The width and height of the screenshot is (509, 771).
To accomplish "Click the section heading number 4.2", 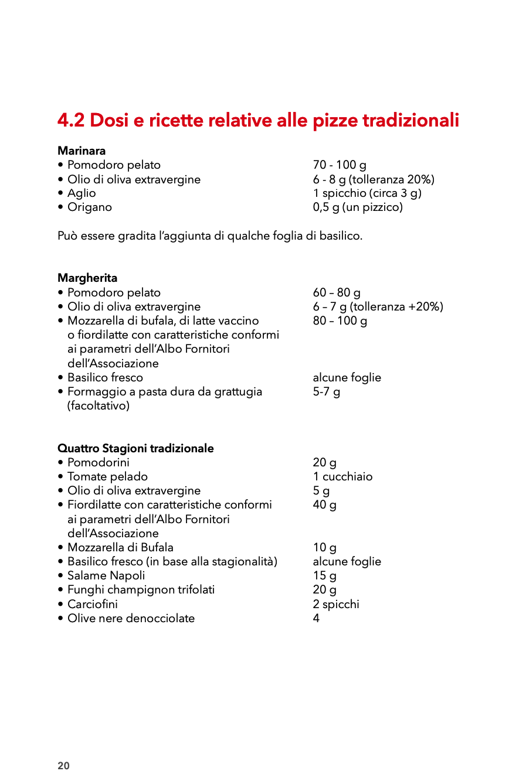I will click(x=71, y=121).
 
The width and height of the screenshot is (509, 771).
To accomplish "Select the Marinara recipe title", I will click(x=82, y=151).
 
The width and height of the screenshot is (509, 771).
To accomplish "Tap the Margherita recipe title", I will click(x=87, y=278).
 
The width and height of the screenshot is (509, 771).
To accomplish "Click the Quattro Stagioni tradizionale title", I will click(x=135, y=449).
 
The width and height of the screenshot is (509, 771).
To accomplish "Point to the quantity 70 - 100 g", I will click(x=340, y=165).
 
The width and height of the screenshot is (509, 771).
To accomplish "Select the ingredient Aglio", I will click(x=82, y=193).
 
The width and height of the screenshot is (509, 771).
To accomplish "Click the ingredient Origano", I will click(x=89, y=207).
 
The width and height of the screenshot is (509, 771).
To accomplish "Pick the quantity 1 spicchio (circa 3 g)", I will click(x=367, y=193).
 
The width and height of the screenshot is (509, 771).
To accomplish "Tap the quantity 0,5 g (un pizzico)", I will click(x=358, y=207).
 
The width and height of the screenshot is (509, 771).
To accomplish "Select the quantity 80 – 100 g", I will click(x=340, y=321).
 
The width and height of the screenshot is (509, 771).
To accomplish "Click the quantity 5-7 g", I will click(x=327, y=392).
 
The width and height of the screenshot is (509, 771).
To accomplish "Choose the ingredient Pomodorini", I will click(x=98, y=463).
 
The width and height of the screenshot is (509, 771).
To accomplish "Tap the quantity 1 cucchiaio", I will click(x=342, y=477).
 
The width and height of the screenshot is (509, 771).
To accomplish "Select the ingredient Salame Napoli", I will click(x=106, y=576).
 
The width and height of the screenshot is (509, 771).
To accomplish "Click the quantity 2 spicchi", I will click(x=336, y=604).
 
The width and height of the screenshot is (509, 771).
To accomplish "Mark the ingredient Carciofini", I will click(x=92, y=604).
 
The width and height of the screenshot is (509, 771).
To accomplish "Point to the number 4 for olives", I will click(x=317, y=619).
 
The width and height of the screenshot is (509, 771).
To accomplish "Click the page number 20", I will click(x=63, y=766).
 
